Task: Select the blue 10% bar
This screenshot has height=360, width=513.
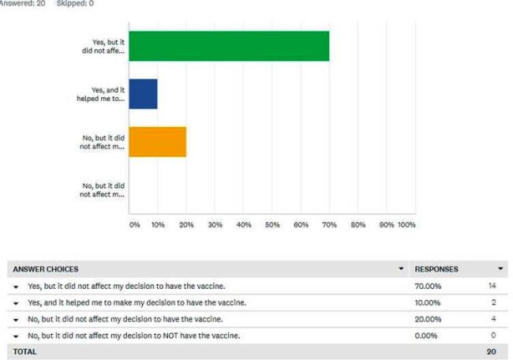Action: pos(143,94)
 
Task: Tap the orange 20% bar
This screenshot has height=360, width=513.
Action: pos(157,141)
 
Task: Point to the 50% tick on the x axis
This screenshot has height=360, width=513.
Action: pos(272,225)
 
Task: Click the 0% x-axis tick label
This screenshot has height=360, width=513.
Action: pos(134,225)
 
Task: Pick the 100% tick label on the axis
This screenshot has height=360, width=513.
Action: pos(406,225)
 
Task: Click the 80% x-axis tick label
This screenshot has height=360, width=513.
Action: pos(358,225)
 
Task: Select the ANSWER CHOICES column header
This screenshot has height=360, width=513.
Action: pos(46,269)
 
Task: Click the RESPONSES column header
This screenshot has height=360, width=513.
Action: pos(436,269)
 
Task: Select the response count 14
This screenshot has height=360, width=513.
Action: pos(492,286)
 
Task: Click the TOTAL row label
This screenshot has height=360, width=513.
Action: pos(24,352)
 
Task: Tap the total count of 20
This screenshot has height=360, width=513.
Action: pos(492,352)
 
